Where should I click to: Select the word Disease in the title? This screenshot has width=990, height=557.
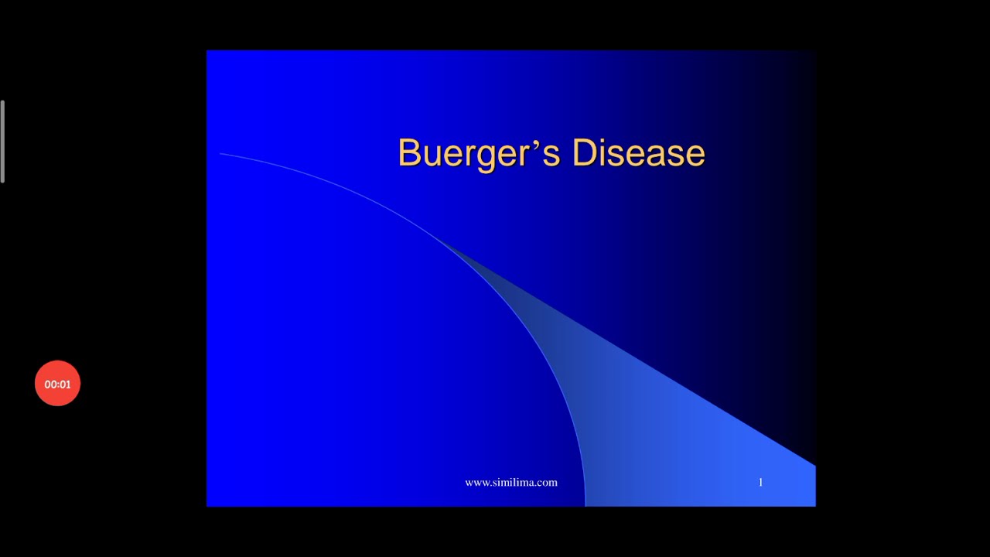tap(638, 153)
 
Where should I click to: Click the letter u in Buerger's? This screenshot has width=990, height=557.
tap(428, 155)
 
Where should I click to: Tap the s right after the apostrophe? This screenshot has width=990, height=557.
tap(551, 155)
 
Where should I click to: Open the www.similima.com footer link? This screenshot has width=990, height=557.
tap(510, 483)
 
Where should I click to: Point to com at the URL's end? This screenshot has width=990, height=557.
tap(548, 483)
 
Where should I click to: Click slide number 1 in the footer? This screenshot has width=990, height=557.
tap(760, 483)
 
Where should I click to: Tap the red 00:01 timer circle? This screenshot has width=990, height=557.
tap(57, 384)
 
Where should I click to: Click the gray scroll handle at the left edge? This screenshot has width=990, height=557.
tap(3, 142)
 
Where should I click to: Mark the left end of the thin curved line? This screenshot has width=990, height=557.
tap(221, 154)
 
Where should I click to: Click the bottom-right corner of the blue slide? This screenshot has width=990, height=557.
tap(814, 505)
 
